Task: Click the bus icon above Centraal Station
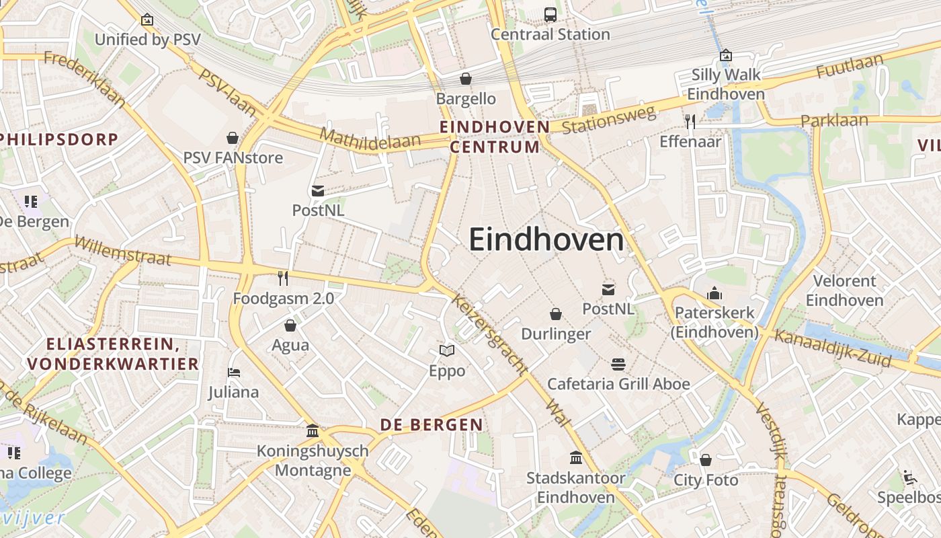(550, 14)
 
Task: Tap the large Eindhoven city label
(546, 239)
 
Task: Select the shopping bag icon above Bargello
(465, 79)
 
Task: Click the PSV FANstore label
(233, 158)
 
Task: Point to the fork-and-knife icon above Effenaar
(690, 121)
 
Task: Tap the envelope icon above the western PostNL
(318, 191)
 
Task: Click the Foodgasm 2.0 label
(283, 298)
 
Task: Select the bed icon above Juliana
(234, 372)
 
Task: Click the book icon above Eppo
(447, 350)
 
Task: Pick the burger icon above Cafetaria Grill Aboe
(618, 364)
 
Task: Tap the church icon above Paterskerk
(714, 293)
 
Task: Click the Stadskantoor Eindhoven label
(576, 488)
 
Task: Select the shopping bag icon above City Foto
(706, 460)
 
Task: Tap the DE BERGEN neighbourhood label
(431, 424)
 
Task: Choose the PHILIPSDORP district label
(59, 139)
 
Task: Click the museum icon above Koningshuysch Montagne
(313, 430)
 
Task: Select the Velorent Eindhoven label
(844, 290)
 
